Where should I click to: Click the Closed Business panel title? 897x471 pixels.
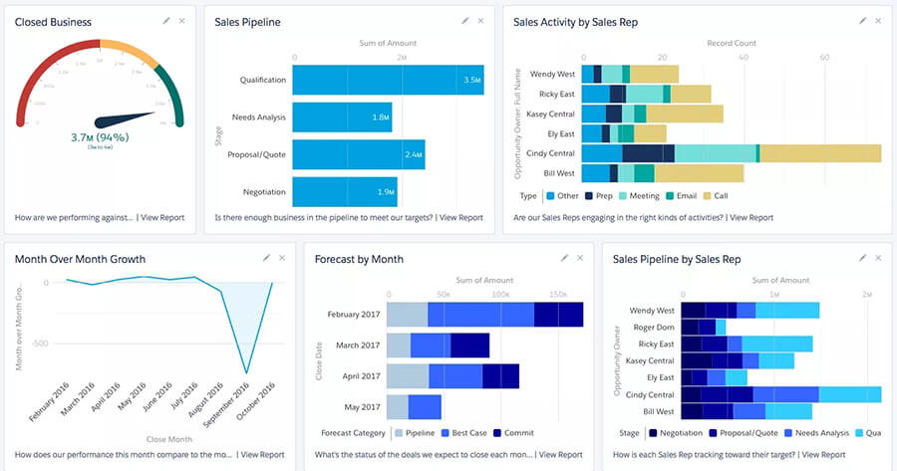pos(53,22)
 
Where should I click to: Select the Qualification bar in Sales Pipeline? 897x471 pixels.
pos(388,80)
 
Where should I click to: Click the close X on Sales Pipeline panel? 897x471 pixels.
pos(480,21)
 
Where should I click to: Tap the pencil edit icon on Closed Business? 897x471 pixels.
pos(165,21)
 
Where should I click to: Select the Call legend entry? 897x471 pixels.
pos(720,195)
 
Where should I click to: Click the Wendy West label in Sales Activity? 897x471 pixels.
pos(551,74)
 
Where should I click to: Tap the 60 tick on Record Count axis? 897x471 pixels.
pos(824,58)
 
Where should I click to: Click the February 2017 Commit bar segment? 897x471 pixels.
pos(558,314)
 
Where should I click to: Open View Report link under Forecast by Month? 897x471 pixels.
pos(561,454)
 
